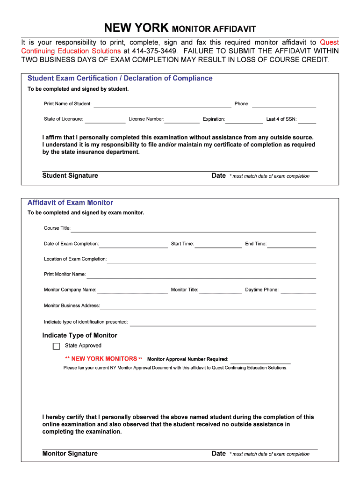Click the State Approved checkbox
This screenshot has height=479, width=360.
57,346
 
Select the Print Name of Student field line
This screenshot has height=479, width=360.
162,105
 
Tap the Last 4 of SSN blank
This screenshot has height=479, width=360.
307,120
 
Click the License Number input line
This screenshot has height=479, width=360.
182,120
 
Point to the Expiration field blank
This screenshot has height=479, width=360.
244,120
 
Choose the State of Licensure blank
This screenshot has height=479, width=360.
105,120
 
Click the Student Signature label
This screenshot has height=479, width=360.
70,175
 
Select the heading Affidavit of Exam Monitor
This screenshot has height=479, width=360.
70,203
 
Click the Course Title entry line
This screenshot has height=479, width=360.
193,229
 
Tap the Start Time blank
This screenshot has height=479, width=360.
218,245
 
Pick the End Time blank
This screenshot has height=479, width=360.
291,245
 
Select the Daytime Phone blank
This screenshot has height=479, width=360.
298,291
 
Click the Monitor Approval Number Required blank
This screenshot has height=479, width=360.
260,361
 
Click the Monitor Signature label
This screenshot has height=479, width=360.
70,453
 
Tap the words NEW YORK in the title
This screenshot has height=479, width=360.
136,28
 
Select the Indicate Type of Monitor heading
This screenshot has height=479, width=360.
79,335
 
